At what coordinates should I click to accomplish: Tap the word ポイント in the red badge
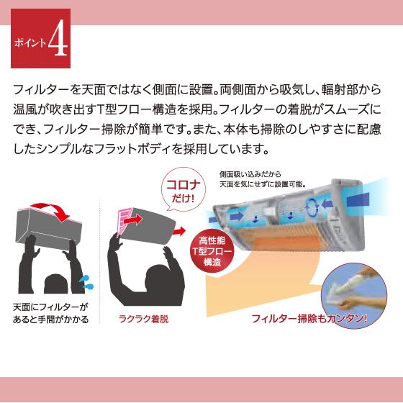(30, 42)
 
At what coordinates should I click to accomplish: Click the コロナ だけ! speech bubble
(186, 191)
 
